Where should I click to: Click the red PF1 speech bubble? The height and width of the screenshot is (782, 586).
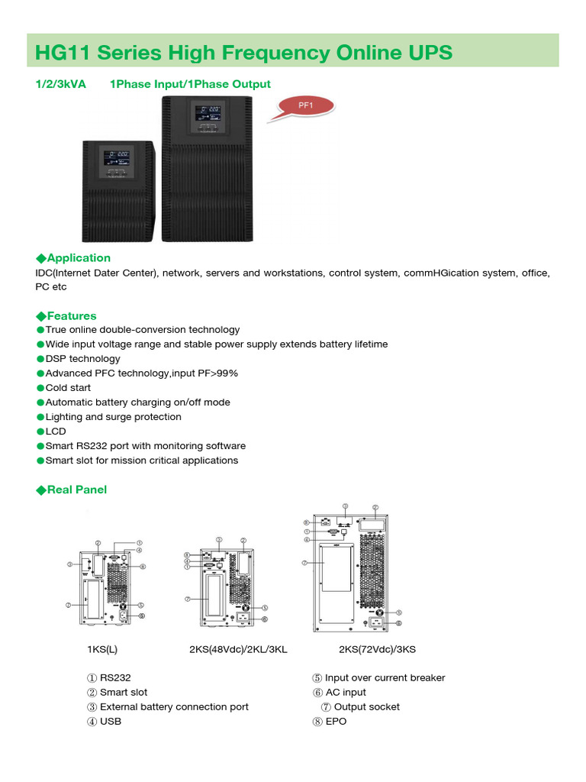[x=305, y=106]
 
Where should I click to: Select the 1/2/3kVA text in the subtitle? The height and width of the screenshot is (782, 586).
[x=60, y=84]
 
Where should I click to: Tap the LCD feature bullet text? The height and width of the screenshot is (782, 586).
[x=56, y=431]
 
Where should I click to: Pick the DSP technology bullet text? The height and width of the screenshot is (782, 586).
[x=82, y=359]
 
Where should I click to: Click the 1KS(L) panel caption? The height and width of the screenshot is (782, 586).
[x=102, y=650]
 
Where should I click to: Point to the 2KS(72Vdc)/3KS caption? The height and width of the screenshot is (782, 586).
[x=377, y=650]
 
